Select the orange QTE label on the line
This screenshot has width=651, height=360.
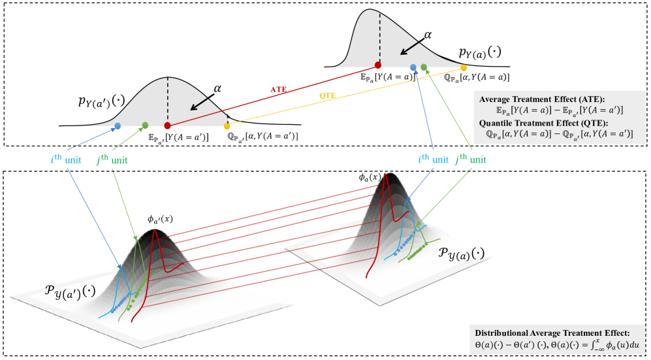[328, 95]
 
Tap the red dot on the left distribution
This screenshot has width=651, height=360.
[167, 125]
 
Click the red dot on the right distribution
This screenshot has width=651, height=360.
[377, 65]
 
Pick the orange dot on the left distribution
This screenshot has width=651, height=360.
[227, 125]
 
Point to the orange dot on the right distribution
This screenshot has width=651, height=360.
[464, 67]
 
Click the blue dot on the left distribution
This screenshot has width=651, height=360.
[118, 125]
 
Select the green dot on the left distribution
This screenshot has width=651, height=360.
[145, 125]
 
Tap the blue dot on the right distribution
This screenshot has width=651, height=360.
[413, 67]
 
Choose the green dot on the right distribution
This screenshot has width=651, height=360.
[424, 67]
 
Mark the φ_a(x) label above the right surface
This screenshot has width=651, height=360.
[369, 177]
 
